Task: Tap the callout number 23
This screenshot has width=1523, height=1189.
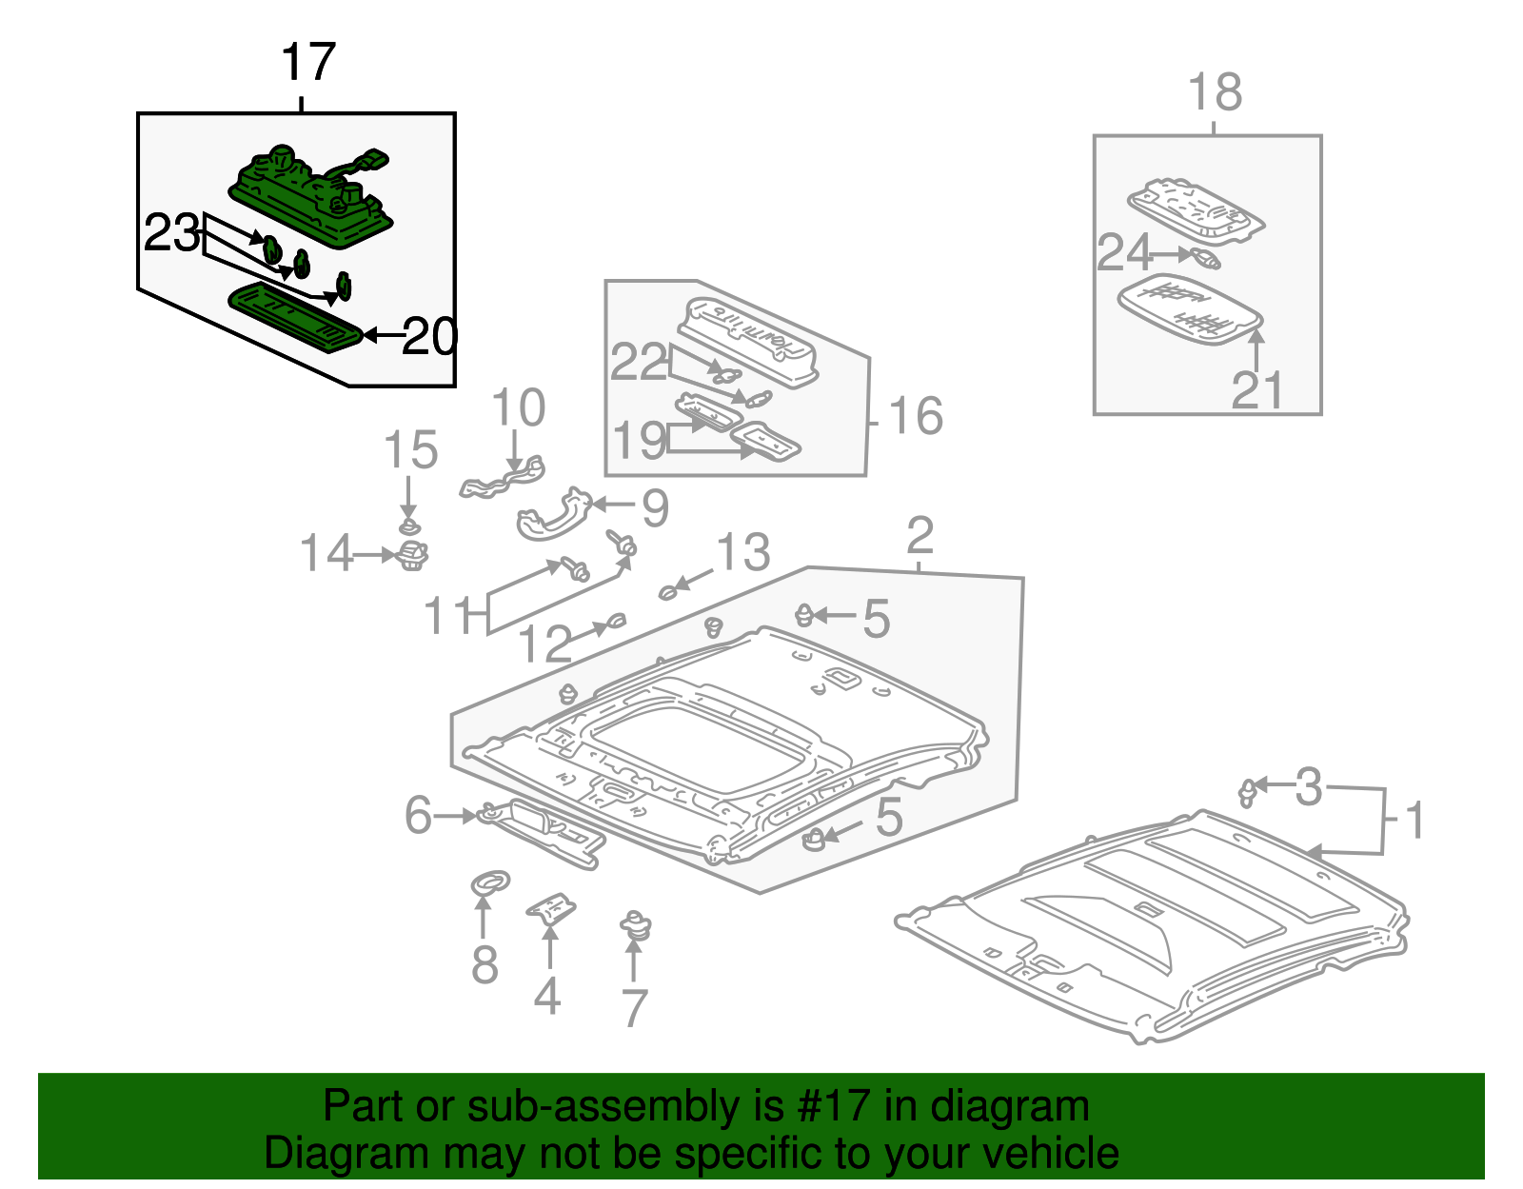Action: point(171,233)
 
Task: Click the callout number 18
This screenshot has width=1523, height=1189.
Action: point(1216,92)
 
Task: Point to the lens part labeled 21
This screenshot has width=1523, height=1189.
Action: point(1190,309)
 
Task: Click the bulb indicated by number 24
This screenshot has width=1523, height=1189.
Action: point(1201,257)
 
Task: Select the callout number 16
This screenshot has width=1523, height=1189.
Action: point(915,416)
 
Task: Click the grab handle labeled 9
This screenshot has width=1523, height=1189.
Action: point(552,515)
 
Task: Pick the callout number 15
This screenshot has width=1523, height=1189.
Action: point(410,449)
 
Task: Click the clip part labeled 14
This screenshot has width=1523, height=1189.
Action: point(412,554)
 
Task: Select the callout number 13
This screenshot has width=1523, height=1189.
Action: point(742,552)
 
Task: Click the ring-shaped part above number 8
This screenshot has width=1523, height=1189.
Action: point(490,882)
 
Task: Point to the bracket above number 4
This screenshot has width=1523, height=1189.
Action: point(551,908)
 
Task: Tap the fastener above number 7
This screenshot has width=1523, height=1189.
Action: point(635,925)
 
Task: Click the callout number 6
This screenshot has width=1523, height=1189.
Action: point(418,816)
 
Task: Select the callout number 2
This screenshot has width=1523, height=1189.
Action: point(920,536)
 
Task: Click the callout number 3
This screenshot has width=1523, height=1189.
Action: point(1309,787)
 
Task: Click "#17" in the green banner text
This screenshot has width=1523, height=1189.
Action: point(827,1107)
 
